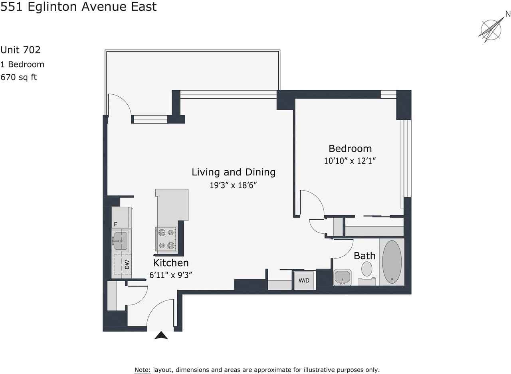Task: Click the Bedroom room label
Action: pos(350,149)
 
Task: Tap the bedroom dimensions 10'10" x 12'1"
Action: pos(350,161)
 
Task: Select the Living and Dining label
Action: pos(234,172)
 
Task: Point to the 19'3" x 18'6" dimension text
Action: pos(233,185)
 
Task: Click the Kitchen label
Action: pos(171,263)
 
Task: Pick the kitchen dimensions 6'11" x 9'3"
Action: pos(171,275)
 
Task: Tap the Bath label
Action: pos(364,256)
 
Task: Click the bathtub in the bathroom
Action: pos(392,262)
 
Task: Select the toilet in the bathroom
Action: pos(367,269)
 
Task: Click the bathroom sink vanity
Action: pos(342,277)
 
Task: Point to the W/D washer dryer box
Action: pos(304,280)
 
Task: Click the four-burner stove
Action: pos(166,239)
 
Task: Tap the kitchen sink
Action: pos(121,241)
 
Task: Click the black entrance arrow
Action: pos(161,336)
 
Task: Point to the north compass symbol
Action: pos(491,29)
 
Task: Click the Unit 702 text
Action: pos(20,50)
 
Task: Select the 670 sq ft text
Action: pos(19,77)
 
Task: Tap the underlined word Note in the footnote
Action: pos(143,370)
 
